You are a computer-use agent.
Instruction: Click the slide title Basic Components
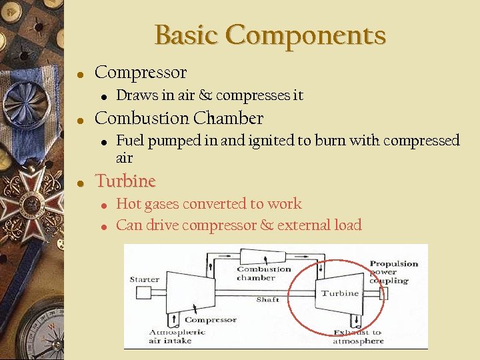tap(270, 35)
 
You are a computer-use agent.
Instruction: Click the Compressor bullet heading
tap(141, 73)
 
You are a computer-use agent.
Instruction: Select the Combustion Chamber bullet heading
tap(179, 119)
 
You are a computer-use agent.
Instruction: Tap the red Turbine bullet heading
tap(125, 181)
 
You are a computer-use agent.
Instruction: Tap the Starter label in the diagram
tap(144, 279)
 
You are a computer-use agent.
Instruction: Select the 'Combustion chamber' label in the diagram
tap(264, 273)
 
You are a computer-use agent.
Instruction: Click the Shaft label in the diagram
tap(267, 299)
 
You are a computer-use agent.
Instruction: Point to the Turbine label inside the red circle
tap(339, 293)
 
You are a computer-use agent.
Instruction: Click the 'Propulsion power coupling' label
tap(393, 272)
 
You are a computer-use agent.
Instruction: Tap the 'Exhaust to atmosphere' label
tap(358, 336)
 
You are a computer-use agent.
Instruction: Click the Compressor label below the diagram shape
tap(211, 320)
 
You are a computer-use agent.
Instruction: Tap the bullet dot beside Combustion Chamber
tap(79, 121)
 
